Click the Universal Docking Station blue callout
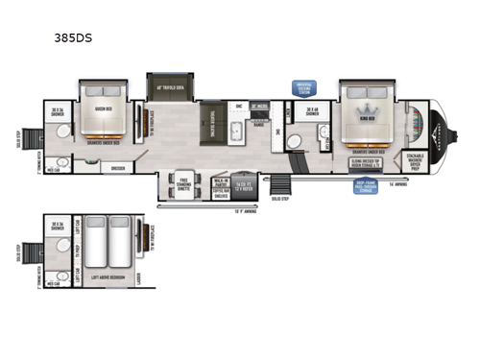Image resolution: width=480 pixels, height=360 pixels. [x=304, y=87]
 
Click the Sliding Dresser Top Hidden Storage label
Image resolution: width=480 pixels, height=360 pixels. [x=369, y=163]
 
